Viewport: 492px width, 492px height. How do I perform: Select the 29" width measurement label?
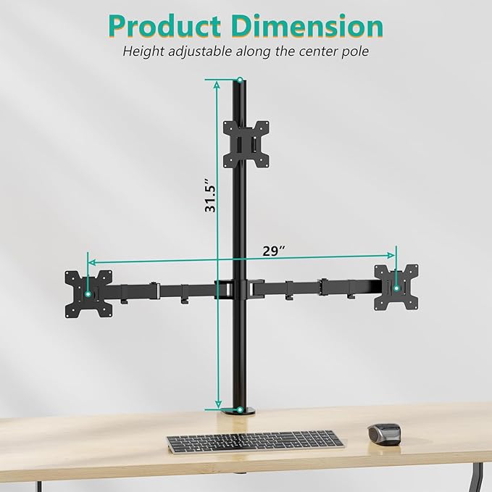pos(273,251)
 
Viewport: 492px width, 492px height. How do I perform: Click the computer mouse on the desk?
pos(384,433)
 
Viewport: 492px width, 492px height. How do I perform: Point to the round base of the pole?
pos(240,412)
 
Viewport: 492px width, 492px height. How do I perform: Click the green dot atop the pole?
pos(240,80)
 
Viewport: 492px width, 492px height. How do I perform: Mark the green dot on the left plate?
pos(88,293)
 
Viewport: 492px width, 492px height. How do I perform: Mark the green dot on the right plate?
pos(396,288)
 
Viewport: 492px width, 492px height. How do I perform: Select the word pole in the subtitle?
pos(354,51)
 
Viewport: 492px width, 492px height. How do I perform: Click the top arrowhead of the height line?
pos(217,84)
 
